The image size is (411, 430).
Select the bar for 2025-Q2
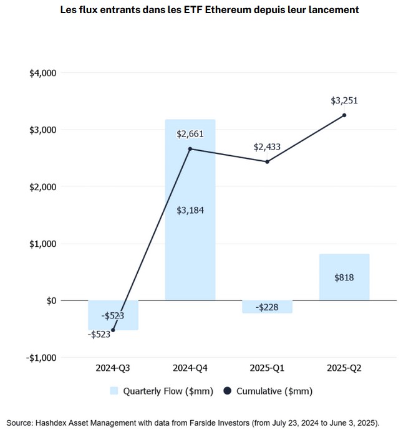(x=344, y=277)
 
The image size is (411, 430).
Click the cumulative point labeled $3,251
(x=344, y=115)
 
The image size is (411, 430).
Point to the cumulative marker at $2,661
(x=190, y=149)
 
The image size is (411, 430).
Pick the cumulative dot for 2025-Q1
(x=267, y=162)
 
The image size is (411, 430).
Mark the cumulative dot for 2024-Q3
(x=113, y=330)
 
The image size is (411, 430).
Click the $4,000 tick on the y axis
(x=43, y=73)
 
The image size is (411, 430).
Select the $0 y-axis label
(x=50, y=300)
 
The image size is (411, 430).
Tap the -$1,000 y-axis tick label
(x=42, y=358)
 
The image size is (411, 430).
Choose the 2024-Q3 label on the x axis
(x=113, y=368)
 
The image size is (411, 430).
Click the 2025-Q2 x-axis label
(x=344, y=368)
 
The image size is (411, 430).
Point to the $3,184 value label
(x=190, y=210)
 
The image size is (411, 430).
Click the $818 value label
(x=344, y=277)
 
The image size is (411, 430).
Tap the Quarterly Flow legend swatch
(x=114, y=391)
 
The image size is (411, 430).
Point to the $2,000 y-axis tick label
(x=43, y=187)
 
